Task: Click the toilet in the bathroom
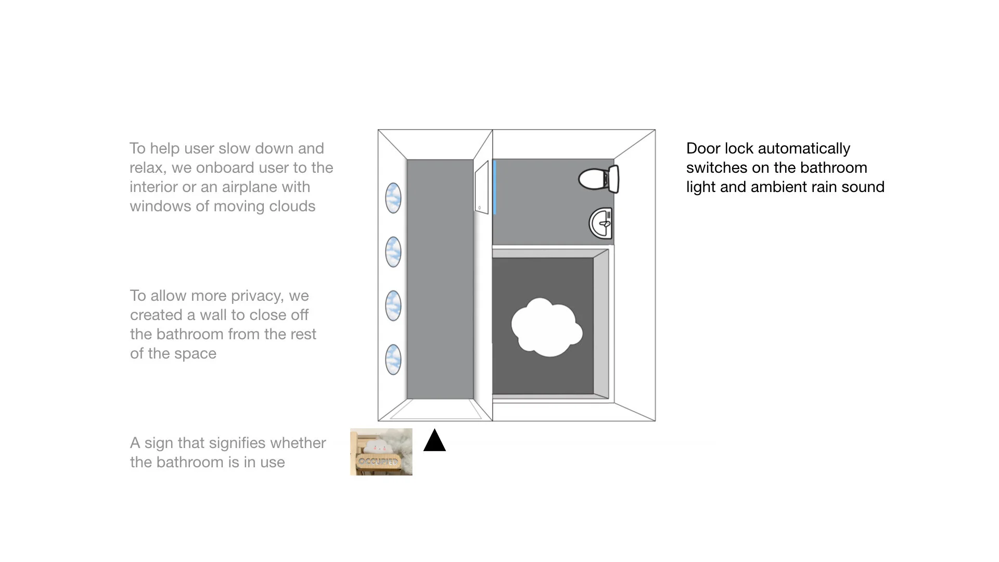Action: tap(598, 179)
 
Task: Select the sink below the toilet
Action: tap(601, 223)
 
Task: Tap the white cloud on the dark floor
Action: tap(546, 327)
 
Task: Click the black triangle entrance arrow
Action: tap(434, 441)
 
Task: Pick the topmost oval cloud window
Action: tap(393, 198)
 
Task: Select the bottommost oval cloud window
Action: tap(393, 359)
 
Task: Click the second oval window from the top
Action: tap(393, 252)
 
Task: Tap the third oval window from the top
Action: tap(393, 305)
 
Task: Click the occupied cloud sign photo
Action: tap(381, 452)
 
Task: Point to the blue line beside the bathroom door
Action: tap(494, 187)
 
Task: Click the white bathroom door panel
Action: tap(482, 187)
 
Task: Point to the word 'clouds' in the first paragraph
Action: tap(292, 206)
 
